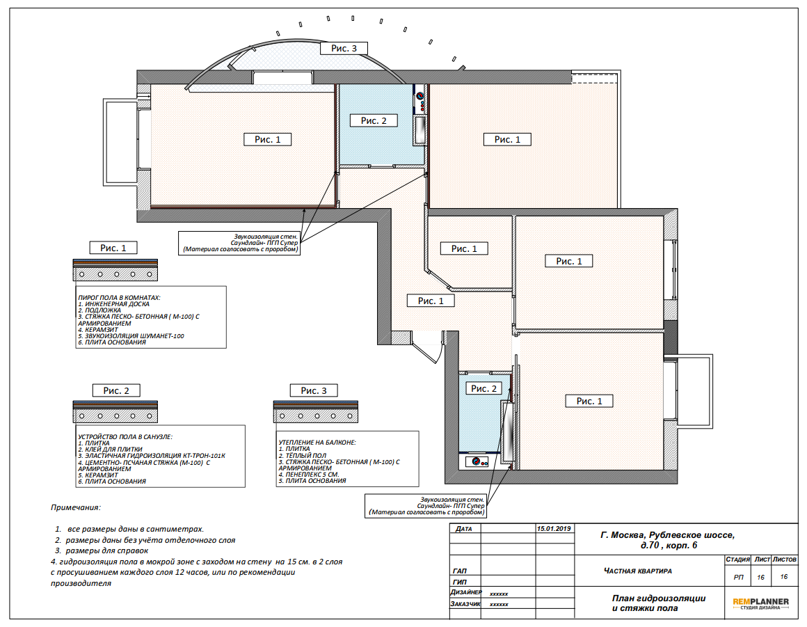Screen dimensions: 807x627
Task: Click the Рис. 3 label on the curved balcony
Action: pos(344,49)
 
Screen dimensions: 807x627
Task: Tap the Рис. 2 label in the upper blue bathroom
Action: pos(374,120)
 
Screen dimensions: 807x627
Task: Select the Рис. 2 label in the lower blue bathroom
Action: pos(484,389)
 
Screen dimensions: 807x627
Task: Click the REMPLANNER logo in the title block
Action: pos(760,603)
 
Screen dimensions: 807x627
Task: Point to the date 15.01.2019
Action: pos(554,529)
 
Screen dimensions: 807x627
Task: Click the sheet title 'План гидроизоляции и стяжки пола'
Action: pos(659,603)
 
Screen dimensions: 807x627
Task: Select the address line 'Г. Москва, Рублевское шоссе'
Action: pos(668,535)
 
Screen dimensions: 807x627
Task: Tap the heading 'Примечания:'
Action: pos(76,507)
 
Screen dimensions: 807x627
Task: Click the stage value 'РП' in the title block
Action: pos(739,577)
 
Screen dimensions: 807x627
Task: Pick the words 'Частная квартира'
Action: pos(638,571)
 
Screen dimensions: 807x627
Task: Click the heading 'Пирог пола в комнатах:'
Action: pos(119,298)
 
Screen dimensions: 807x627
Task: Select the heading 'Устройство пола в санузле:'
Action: pos(125,436)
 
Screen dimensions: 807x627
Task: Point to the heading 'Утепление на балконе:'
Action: pos(317,442)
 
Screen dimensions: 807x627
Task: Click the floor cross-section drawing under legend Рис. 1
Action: pos(115,270)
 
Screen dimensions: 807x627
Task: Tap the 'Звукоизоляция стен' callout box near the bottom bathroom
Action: pos(426,506)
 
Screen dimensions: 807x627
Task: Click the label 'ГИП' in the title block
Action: pos(460,582)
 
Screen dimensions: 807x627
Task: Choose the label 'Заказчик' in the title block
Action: pos(466,604)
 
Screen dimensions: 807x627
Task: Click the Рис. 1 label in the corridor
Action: pos(430,301)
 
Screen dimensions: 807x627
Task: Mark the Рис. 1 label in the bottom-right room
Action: pos(589,401)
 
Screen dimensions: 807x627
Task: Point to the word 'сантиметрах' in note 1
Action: pos(175,529)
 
